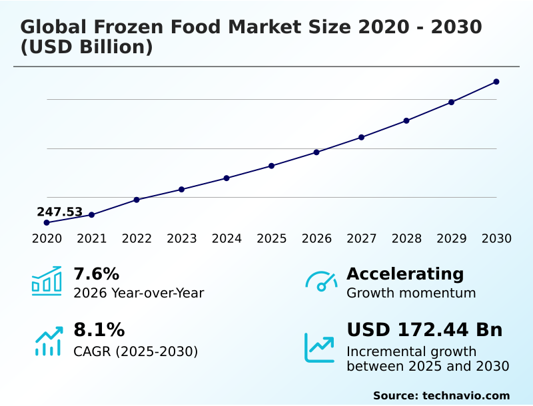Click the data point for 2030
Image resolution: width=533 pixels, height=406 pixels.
pyautogui.click(x=496, y=82)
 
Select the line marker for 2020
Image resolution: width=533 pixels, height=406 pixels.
pyautogui.click(x=47, y=222)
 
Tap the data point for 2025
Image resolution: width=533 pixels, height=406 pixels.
pyautogui.click(x=272, y=166)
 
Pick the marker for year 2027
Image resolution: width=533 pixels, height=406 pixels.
pyautogui.click(x=361, y=137)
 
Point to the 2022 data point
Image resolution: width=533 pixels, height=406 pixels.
pyautogui.click(x=137, y=200)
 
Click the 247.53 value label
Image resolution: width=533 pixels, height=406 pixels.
pyautogui.click(x=59, y=212)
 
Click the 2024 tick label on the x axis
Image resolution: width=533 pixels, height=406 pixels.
pyautogui.click(x=227, y=239)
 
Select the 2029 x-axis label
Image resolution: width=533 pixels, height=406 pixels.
pyautogui.click(x=451, y=239)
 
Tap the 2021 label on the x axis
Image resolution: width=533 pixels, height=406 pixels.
pyautogui.click(x=91, y=239)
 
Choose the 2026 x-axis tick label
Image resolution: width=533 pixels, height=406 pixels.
pyautogui.click(x=316, y=239)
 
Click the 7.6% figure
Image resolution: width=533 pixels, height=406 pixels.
pyautogui.click(x=96, y=274)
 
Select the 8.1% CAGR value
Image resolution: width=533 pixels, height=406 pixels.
pyautogui.click(x=99, y=329)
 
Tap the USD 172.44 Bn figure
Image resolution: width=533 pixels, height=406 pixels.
pyautogui.click(x=424, y=329)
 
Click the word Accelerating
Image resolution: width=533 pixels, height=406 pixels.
pyautogui.click(x=405, y=274)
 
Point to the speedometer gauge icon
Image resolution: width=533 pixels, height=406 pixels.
pyautogui.click(x=321, y=281)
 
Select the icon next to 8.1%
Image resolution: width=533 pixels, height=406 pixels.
pyautogui.click(x=48, y=341)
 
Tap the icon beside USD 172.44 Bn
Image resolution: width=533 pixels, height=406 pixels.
pyautogui.click(x=320, y=347)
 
